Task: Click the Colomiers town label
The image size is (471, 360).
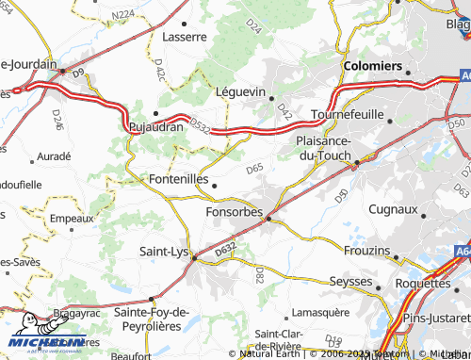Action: [374, 67]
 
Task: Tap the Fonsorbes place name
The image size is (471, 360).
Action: [234, 212]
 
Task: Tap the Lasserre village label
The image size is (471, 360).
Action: [184, 37]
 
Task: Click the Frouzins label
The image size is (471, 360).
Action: [366, 250]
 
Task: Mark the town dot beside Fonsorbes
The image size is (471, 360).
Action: [268, 219]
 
